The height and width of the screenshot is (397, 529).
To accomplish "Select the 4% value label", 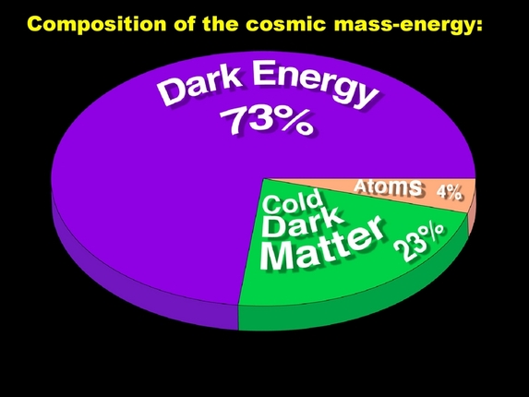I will (x=449, y=191).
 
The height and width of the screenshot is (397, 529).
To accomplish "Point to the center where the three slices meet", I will (x=264, y=178).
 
